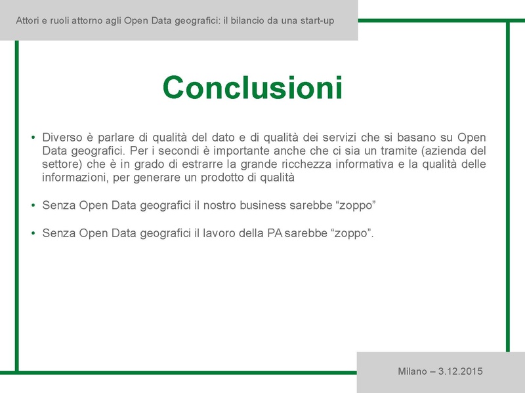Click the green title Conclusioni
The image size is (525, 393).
coord(253,87)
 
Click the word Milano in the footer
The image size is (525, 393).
coord(411,371)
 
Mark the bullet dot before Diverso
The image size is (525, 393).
coord(33,138)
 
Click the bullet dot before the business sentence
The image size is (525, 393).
coord(33,206)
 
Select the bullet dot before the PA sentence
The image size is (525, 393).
coord(33,233)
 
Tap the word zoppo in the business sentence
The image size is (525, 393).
coord(355,205)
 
